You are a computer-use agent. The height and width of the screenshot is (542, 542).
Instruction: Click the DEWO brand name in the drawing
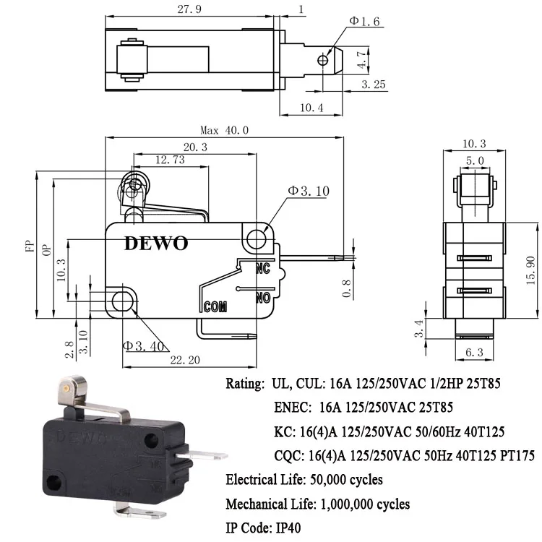[155, 243]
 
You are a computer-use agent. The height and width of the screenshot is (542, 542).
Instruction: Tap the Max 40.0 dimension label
[225, 130]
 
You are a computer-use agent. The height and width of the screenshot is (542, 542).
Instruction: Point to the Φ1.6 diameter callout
[364, 21]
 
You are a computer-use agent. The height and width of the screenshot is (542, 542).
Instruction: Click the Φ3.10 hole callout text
[309, 191]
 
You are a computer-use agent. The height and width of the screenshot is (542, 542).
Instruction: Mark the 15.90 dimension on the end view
[530, 269]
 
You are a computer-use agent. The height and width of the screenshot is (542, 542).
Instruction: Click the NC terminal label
[263, 269]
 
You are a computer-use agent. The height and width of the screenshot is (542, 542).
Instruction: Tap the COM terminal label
[215, 306]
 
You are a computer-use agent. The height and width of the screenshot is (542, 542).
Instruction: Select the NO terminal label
[263, 296]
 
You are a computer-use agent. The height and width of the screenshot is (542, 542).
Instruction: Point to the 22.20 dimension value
[184, 359]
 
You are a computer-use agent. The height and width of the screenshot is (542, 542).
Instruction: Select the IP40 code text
[287, 528]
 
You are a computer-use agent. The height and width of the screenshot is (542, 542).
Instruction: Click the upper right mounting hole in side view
[256, 237]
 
